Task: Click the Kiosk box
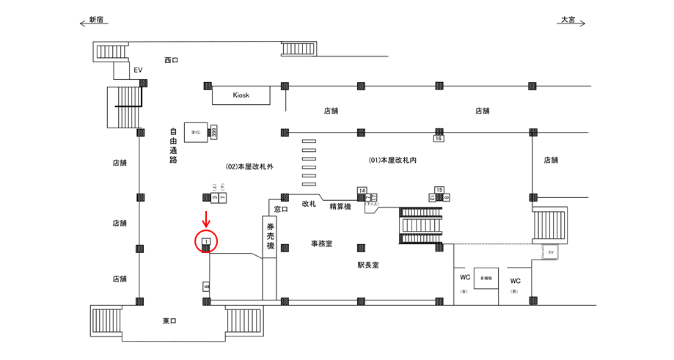click(241, 95)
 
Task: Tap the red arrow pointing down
click(206, 218)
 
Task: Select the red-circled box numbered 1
click(206, 241)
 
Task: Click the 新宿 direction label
click(95, 20)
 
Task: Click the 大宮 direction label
click(568, 20)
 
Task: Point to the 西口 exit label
click(171, 60)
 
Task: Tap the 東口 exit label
click(169, 321)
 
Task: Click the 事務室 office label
click(321, 243)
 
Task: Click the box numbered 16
click(439, 138)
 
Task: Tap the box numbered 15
click(439, 190)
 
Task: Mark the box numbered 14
click(362, 191)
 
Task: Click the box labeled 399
click(214, 132)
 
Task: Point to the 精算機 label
click(340, 207)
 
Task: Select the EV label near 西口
click(136, 70)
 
